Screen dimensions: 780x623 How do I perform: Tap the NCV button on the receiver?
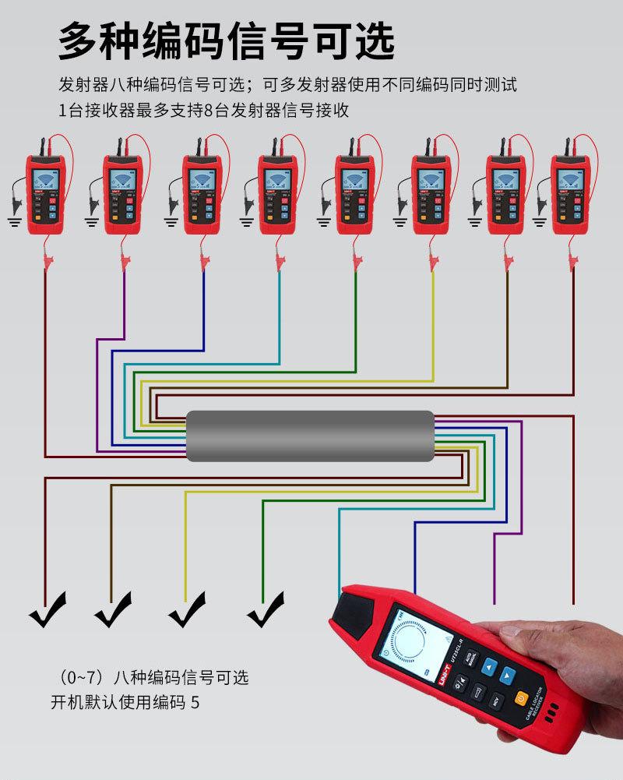click(x=493, y=699)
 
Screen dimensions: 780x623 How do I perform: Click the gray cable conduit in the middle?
click(x=309, y=436)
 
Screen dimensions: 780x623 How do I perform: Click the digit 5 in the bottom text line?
click(x=195, y=703)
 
